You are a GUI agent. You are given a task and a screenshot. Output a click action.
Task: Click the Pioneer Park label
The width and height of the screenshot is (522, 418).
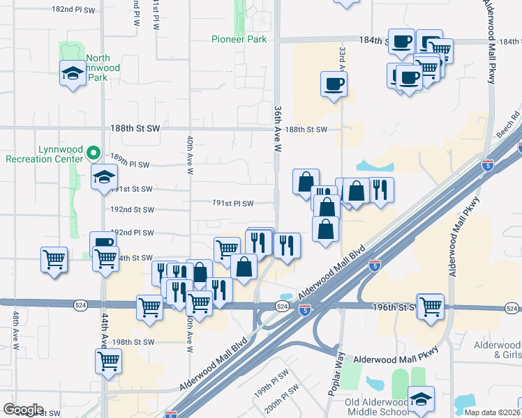239,40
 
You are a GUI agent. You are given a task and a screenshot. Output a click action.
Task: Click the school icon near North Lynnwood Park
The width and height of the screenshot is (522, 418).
73,74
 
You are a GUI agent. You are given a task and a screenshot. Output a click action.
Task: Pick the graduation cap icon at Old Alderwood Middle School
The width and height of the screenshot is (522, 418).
421,398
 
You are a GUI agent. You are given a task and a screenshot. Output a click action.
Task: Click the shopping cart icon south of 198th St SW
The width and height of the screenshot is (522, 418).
109,360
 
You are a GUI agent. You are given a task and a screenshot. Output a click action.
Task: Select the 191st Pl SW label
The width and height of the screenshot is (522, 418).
233,203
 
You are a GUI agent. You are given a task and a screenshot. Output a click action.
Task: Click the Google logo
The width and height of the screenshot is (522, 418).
23,410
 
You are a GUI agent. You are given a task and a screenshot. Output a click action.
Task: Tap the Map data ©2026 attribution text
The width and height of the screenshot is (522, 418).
493,412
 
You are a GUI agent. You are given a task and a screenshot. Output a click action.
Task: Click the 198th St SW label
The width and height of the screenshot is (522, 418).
133,342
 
